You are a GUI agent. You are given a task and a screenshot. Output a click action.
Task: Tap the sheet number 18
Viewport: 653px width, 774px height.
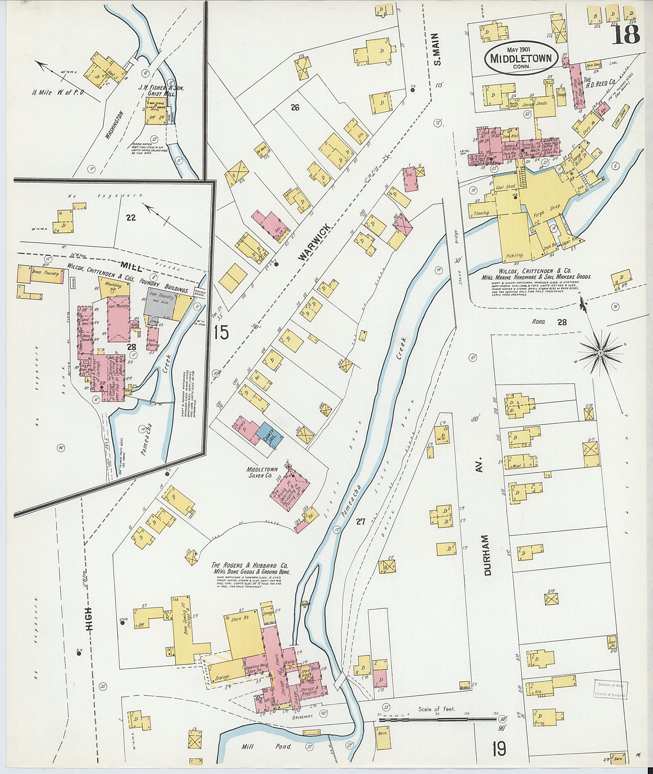click(626, 34)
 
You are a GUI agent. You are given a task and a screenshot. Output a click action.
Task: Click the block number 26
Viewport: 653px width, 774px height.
click(295, 107)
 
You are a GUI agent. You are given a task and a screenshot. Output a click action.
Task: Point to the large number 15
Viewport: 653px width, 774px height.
click(221, 332)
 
